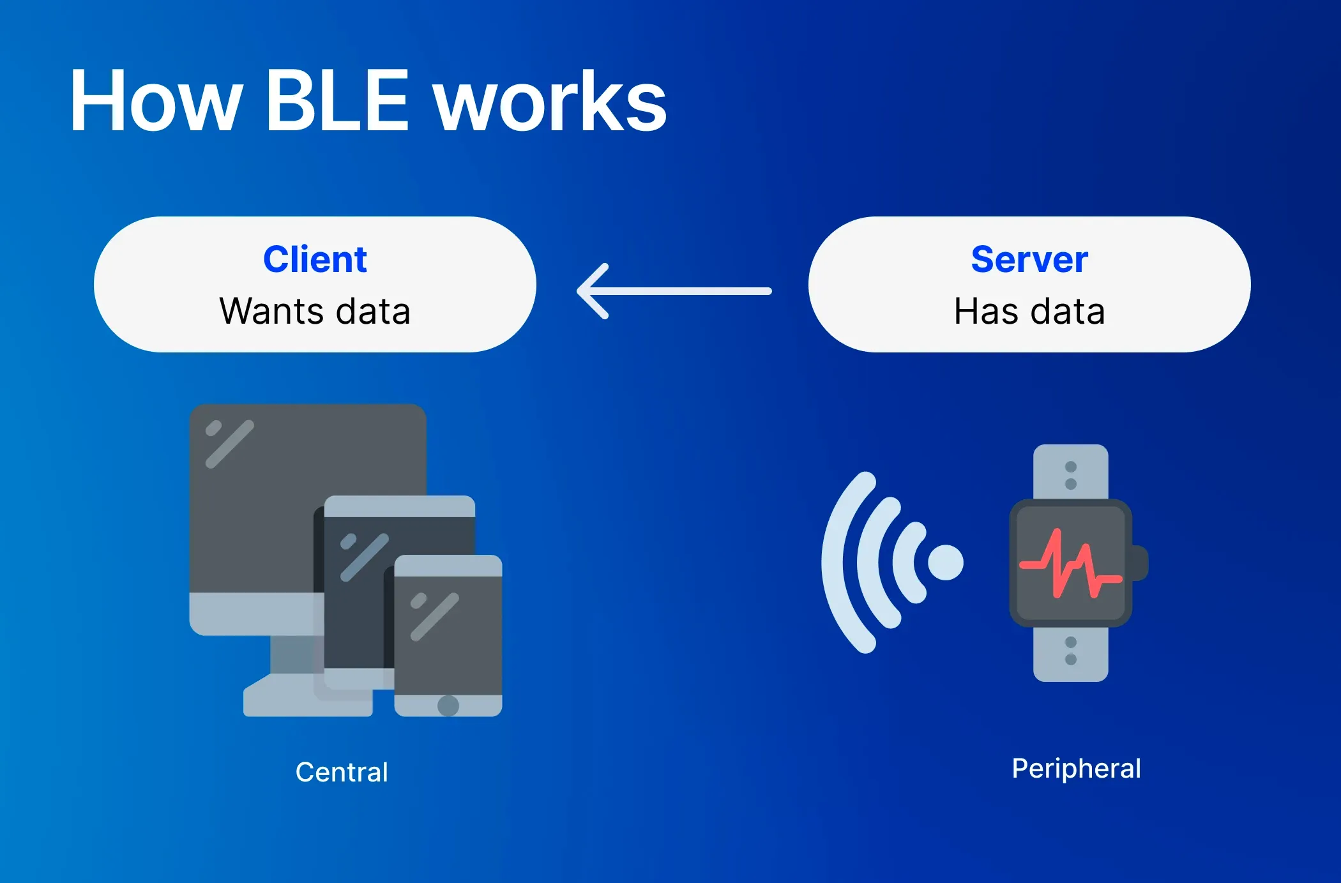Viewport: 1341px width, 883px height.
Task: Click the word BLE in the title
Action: [337, 101]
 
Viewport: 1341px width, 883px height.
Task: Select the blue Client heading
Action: [315, 259]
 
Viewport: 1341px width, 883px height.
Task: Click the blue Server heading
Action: [1029, 259]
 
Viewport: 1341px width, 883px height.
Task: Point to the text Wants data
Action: [315, 312]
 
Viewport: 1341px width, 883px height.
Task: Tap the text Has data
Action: [1029, 312]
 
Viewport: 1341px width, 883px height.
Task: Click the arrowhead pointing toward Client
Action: [591, 291]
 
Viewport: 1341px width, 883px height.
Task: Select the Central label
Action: [342, 772]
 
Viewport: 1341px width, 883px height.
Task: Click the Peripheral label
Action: [1076, 768]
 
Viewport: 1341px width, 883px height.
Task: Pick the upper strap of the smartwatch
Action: [1071, 472]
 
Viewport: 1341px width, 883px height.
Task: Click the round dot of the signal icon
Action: [946, 562]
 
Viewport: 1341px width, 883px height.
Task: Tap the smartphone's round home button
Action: [448, 706]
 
